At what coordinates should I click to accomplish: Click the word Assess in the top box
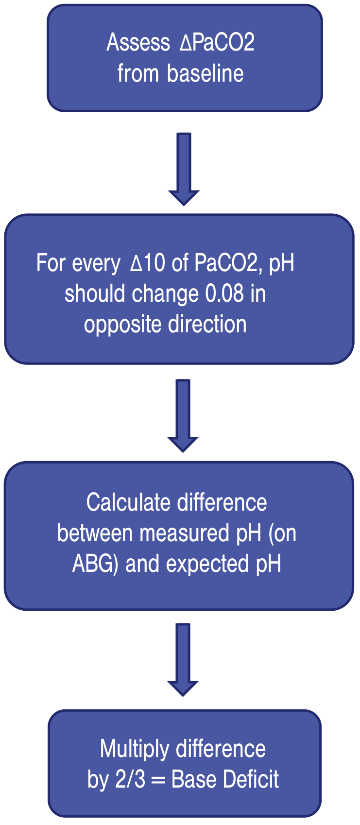[x=138, y=42]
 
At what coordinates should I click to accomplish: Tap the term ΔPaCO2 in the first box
[x=217, y=42]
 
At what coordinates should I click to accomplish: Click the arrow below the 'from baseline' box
[x=184, y=169]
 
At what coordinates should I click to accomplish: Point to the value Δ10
[x=148, y=263]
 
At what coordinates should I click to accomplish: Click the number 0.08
[x=224, y=293]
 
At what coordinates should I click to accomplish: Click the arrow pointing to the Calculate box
[x=183, y=416]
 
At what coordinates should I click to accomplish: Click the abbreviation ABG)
[x=95, y=565]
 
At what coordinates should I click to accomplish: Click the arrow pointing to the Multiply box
[x=183, y=660]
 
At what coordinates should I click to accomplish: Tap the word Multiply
[x=135, y=749]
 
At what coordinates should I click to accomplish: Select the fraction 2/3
[x=130, y=779]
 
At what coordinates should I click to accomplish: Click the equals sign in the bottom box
[x=158, y=780]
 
